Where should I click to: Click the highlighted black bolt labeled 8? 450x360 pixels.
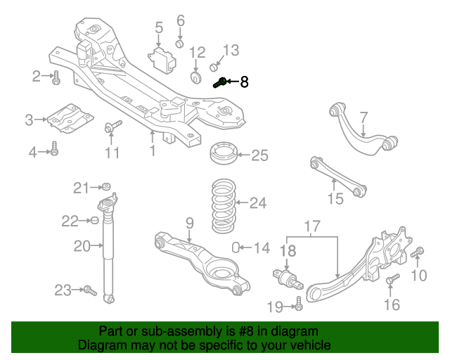pyautogui.click(x=219, y=82)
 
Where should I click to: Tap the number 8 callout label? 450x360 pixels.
pyautogui.click(x=244, y=82)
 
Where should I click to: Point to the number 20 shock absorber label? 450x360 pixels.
pyautogui.click(x=82, y=246)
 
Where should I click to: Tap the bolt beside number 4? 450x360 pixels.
pyautogui.click(x=55, y=150)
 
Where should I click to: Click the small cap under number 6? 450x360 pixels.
pyautogui.click(x=179, y=44)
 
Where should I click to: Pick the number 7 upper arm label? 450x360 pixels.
pyautogui.click(x=364, y=117)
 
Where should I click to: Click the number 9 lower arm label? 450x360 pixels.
pyautogui.click(x=189, y=223)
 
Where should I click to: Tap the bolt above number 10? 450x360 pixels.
pyautogui.click(x=420, y=252)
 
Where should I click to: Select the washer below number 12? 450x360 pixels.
pyautogui.click(x=196, y=75)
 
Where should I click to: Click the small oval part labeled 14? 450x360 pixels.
pyautogui.click(x=237, y=247)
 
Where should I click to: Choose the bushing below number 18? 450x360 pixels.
pyautogui.click(x=286, y=280)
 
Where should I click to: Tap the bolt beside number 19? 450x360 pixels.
pyautogui.click(x=299, y=304)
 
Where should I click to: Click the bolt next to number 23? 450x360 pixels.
pyautogui.click(x=89, y=290)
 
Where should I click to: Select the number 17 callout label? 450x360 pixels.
pyautogui.click(x=311, y=226)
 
